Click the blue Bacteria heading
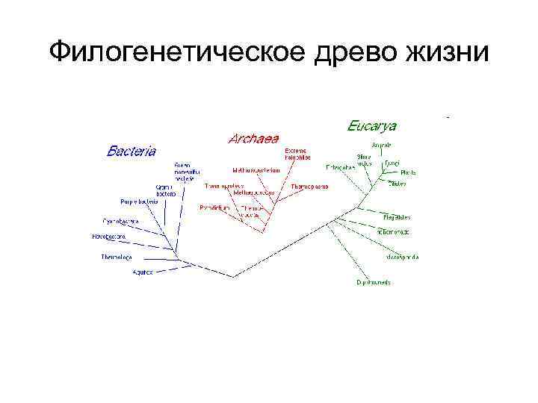pyautogui.click(x=132, y=151)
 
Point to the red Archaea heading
pyautogui.click(x=254, y=138)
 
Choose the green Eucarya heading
pyautogui.click(x=372, y=125)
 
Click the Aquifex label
pyautogui.click(x=143, y=272)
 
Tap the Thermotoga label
pyautogui.click(x=117, y=257)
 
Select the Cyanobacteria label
pyautogui.click(x=120, y=221)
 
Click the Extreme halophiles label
pyautogui.click(x=295, y=154)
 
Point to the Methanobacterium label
pyautogui.click(x=256, y=170)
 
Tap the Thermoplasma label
pyautogui.click(x=309, y=186)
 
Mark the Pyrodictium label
pyautogui.click(x=213, y=207)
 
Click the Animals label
pyautogui.click(x=382, y=144)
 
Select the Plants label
pyautogui.click(x=408, y=172)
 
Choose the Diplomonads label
pyautogui.click(x=374, y=283)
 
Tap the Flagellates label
pyautogui.click(x=397, y=217)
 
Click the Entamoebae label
pyautogui.click(x=340, y=167)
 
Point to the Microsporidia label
pyautogui.click(x=402, y=257)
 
